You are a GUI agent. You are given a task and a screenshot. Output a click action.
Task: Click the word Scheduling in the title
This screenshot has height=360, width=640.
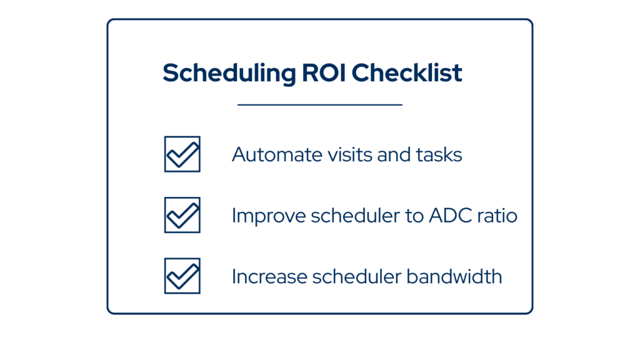(229, 74)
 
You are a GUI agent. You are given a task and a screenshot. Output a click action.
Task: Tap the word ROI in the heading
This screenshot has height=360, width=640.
(323, 73)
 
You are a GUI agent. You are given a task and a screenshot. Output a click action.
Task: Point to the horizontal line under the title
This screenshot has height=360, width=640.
(320, 104)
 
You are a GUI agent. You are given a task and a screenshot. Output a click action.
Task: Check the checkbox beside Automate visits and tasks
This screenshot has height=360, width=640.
(182, 154)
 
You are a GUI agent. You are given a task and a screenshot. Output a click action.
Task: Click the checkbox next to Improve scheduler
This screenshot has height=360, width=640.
(182, 215)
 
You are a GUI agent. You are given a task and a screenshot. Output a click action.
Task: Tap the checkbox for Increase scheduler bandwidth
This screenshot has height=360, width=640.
(182, 276)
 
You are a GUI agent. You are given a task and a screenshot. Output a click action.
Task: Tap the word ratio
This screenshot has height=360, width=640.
(499, 215)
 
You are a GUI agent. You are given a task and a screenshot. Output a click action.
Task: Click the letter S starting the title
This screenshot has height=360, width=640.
(169, 74)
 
